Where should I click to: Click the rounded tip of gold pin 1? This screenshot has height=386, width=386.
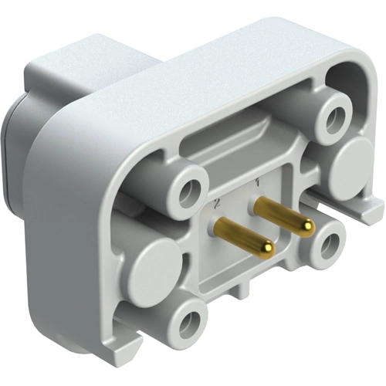coord(306,226)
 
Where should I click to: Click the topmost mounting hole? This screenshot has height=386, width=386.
coord(335,118)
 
